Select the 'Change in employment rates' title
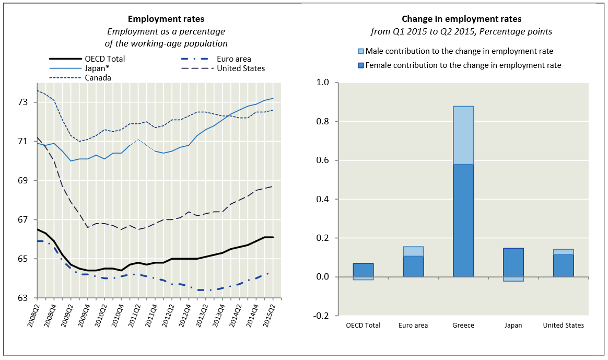[x=461, y=19]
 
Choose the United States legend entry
[x=241, y=68]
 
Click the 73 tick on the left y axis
[x=26, y=102]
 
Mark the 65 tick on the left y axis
[x=26, y=259]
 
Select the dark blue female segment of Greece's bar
[x=463, y=219]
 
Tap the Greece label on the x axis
[x=463, y=326]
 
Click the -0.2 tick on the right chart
[x=322, y=316]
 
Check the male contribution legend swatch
[x=360, y=51]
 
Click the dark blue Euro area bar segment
[x=413, y=266]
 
